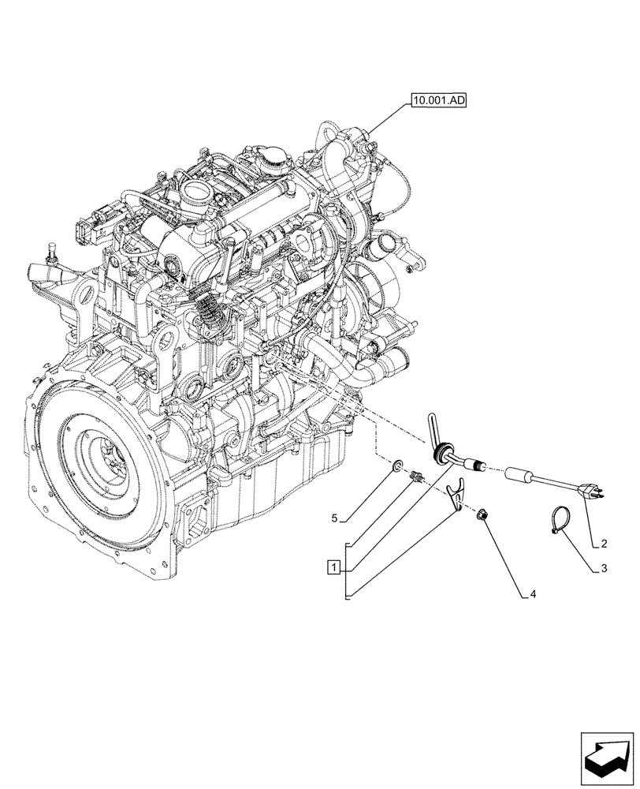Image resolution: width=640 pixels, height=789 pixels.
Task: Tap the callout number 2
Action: coord(603,544)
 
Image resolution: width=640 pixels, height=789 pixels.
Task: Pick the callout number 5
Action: coord(334,518)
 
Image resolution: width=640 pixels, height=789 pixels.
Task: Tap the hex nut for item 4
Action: coord(483,516)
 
